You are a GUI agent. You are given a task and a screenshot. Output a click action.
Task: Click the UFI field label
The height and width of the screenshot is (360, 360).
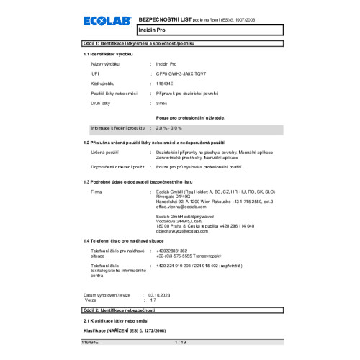(x=95, y=73)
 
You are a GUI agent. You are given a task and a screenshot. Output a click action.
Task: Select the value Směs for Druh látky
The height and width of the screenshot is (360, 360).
(x=162, y=104)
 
